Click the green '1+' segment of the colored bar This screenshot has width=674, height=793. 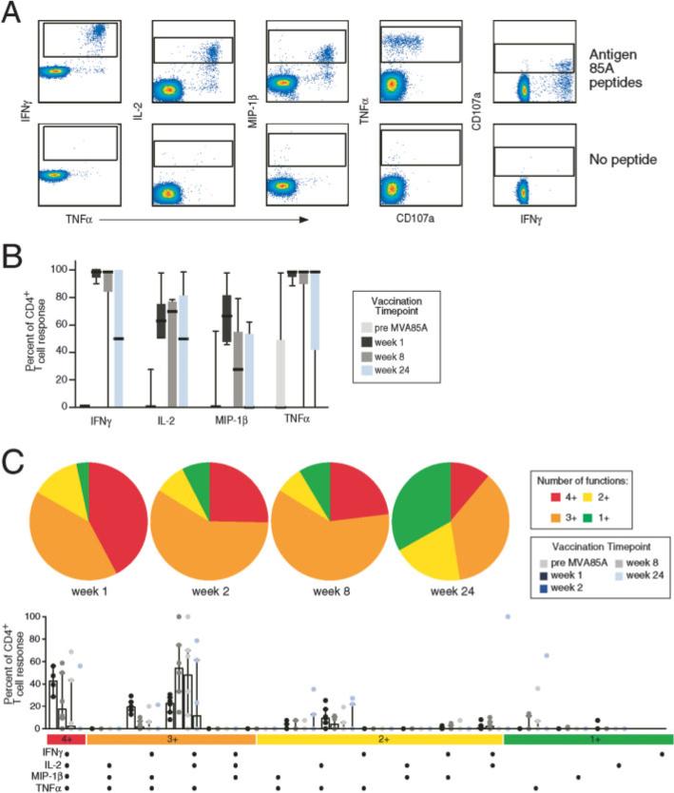pos(587,738)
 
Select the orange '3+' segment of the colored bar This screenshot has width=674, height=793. pos(171,738)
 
